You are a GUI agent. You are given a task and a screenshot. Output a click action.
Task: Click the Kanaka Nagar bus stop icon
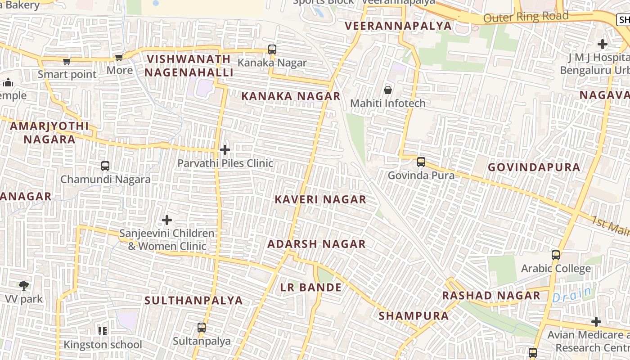(272, 49)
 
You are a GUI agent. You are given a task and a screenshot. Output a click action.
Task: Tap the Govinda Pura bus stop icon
(421, 162)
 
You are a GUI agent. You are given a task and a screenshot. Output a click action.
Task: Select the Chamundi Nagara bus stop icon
(105, 166)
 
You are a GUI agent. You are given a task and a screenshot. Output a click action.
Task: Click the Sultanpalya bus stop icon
(202, 328)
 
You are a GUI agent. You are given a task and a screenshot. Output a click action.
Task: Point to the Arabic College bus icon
(556, 255)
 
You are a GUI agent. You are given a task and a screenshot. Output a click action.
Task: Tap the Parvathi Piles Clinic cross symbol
(225, 150)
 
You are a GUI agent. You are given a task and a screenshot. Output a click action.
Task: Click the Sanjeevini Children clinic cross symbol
(167, 220)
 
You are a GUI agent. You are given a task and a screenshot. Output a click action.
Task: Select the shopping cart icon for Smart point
(67, 61)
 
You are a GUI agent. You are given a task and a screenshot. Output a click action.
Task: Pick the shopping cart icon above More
(119, 57)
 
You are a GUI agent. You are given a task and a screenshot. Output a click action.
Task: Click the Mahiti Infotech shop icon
(387, 90)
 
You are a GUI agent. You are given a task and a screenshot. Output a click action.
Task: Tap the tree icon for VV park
(24, 285)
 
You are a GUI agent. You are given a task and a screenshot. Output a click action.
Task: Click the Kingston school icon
(103, 331)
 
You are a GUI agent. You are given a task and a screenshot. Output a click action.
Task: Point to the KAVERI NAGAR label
(320, 199)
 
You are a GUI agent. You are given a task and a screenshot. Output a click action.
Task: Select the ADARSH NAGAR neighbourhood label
(316, 244)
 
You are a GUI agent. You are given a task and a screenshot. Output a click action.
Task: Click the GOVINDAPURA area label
(534, 167)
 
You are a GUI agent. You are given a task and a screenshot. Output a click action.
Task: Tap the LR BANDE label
(311, 288)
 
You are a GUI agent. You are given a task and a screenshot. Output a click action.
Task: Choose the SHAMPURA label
(414, 316)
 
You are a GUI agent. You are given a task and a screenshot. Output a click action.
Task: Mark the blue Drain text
(572, 295)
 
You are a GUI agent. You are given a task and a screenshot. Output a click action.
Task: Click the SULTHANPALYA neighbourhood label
(193, 301)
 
